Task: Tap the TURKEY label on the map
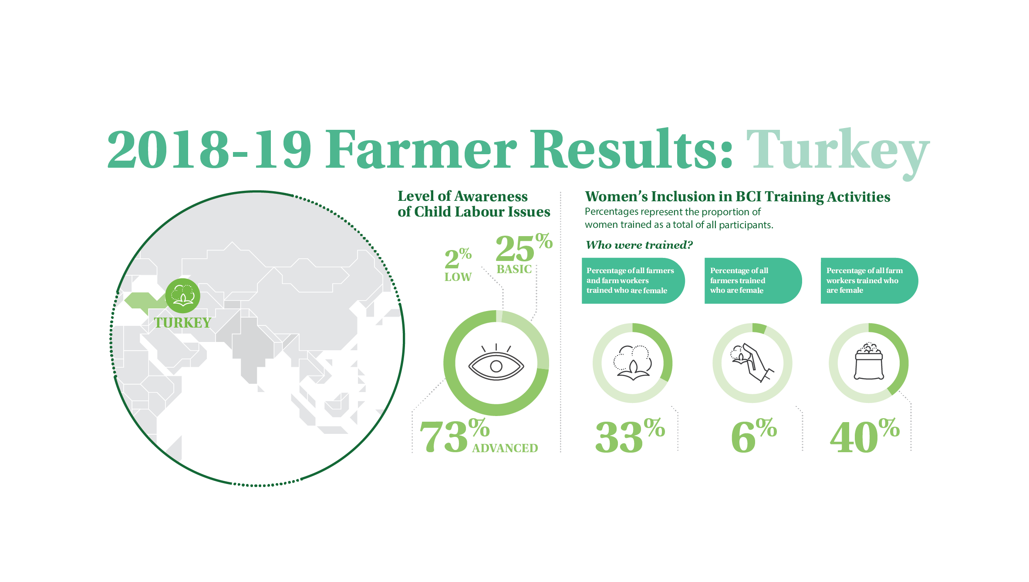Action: click(182, 323)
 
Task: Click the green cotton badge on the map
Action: click(183, 295)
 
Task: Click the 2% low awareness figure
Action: click(458, 258)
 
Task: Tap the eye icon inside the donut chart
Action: click(496, 362)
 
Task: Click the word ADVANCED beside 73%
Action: click(505, 448)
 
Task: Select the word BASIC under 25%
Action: click(514, 269)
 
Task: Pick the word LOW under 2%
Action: click(458, 277)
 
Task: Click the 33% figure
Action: click(630, 436)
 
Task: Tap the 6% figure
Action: click(754, 436)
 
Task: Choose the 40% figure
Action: click(865, 436)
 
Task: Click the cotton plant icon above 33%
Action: click(632, 363)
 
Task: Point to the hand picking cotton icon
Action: click(752, 363)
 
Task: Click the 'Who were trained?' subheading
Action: click(639, 245)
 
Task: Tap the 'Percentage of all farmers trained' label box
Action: click(753, 281)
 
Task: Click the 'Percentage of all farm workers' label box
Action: click(869, 281)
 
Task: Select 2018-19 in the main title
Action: click(209, 149)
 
